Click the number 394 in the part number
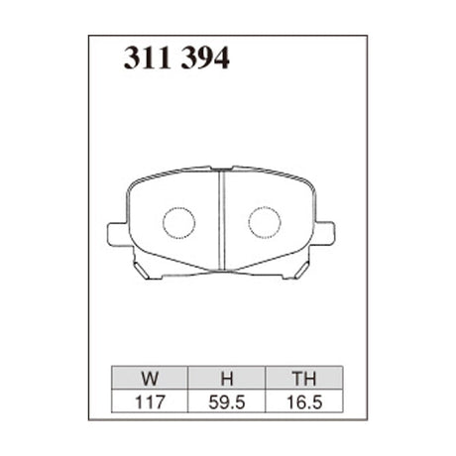click(x=203, y=60)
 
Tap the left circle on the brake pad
click(x=179, y=222)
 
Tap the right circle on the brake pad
click(x=264, y=222)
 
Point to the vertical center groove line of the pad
click(x=221, y=221)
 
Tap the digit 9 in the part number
click(x=203, y=60)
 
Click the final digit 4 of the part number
click(x=222, y=60)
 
